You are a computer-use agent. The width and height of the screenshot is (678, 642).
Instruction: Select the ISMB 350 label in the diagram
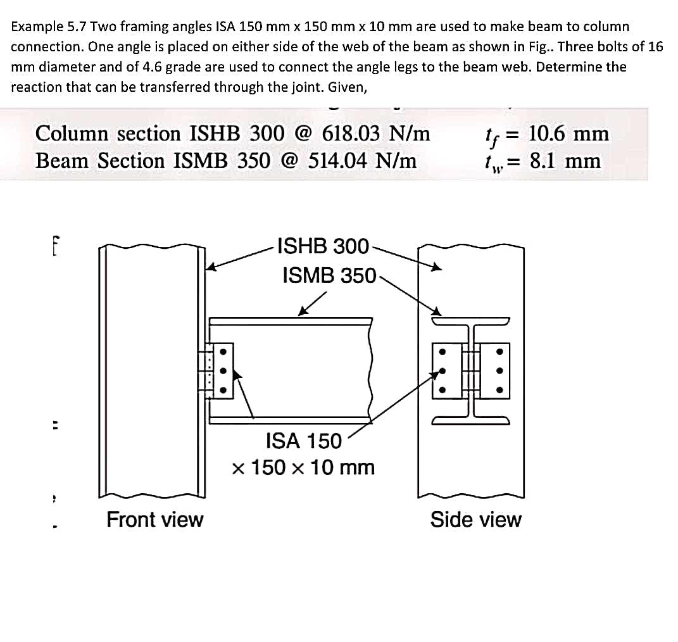(x=329, y=275)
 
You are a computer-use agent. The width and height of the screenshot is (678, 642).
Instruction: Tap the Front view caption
(x=154, y=519)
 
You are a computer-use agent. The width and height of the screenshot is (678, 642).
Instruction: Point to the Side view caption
(x=475, y=519)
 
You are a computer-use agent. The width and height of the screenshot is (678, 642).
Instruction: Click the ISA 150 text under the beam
(x=303, y=440)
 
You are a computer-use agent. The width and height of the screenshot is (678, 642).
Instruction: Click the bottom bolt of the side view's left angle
(x=443, y=391)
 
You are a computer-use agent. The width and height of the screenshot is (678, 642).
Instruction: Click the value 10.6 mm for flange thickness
(x=568, y=134)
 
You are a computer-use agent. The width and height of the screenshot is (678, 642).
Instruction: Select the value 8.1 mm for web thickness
(x=565, y=161)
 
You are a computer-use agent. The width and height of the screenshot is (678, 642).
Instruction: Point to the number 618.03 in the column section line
(x=351, y=134)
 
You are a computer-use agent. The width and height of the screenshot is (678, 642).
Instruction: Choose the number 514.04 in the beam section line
(x=337, y=161)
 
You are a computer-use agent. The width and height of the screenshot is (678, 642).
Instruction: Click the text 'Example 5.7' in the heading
(x=49, y=27)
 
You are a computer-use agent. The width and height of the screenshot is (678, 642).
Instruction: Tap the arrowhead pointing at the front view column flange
(x=212, y=268)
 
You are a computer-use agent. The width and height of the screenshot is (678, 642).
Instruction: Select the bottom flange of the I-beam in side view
(x=472, y=420)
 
